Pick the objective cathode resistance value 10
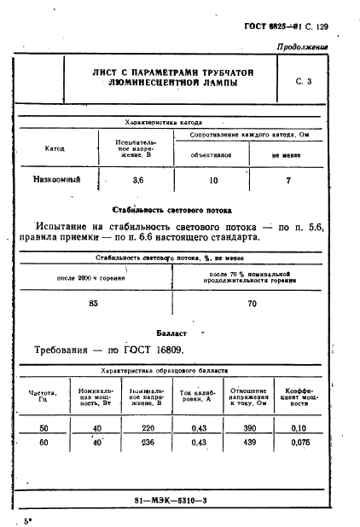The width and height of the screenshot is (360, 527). pos(213,180)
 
